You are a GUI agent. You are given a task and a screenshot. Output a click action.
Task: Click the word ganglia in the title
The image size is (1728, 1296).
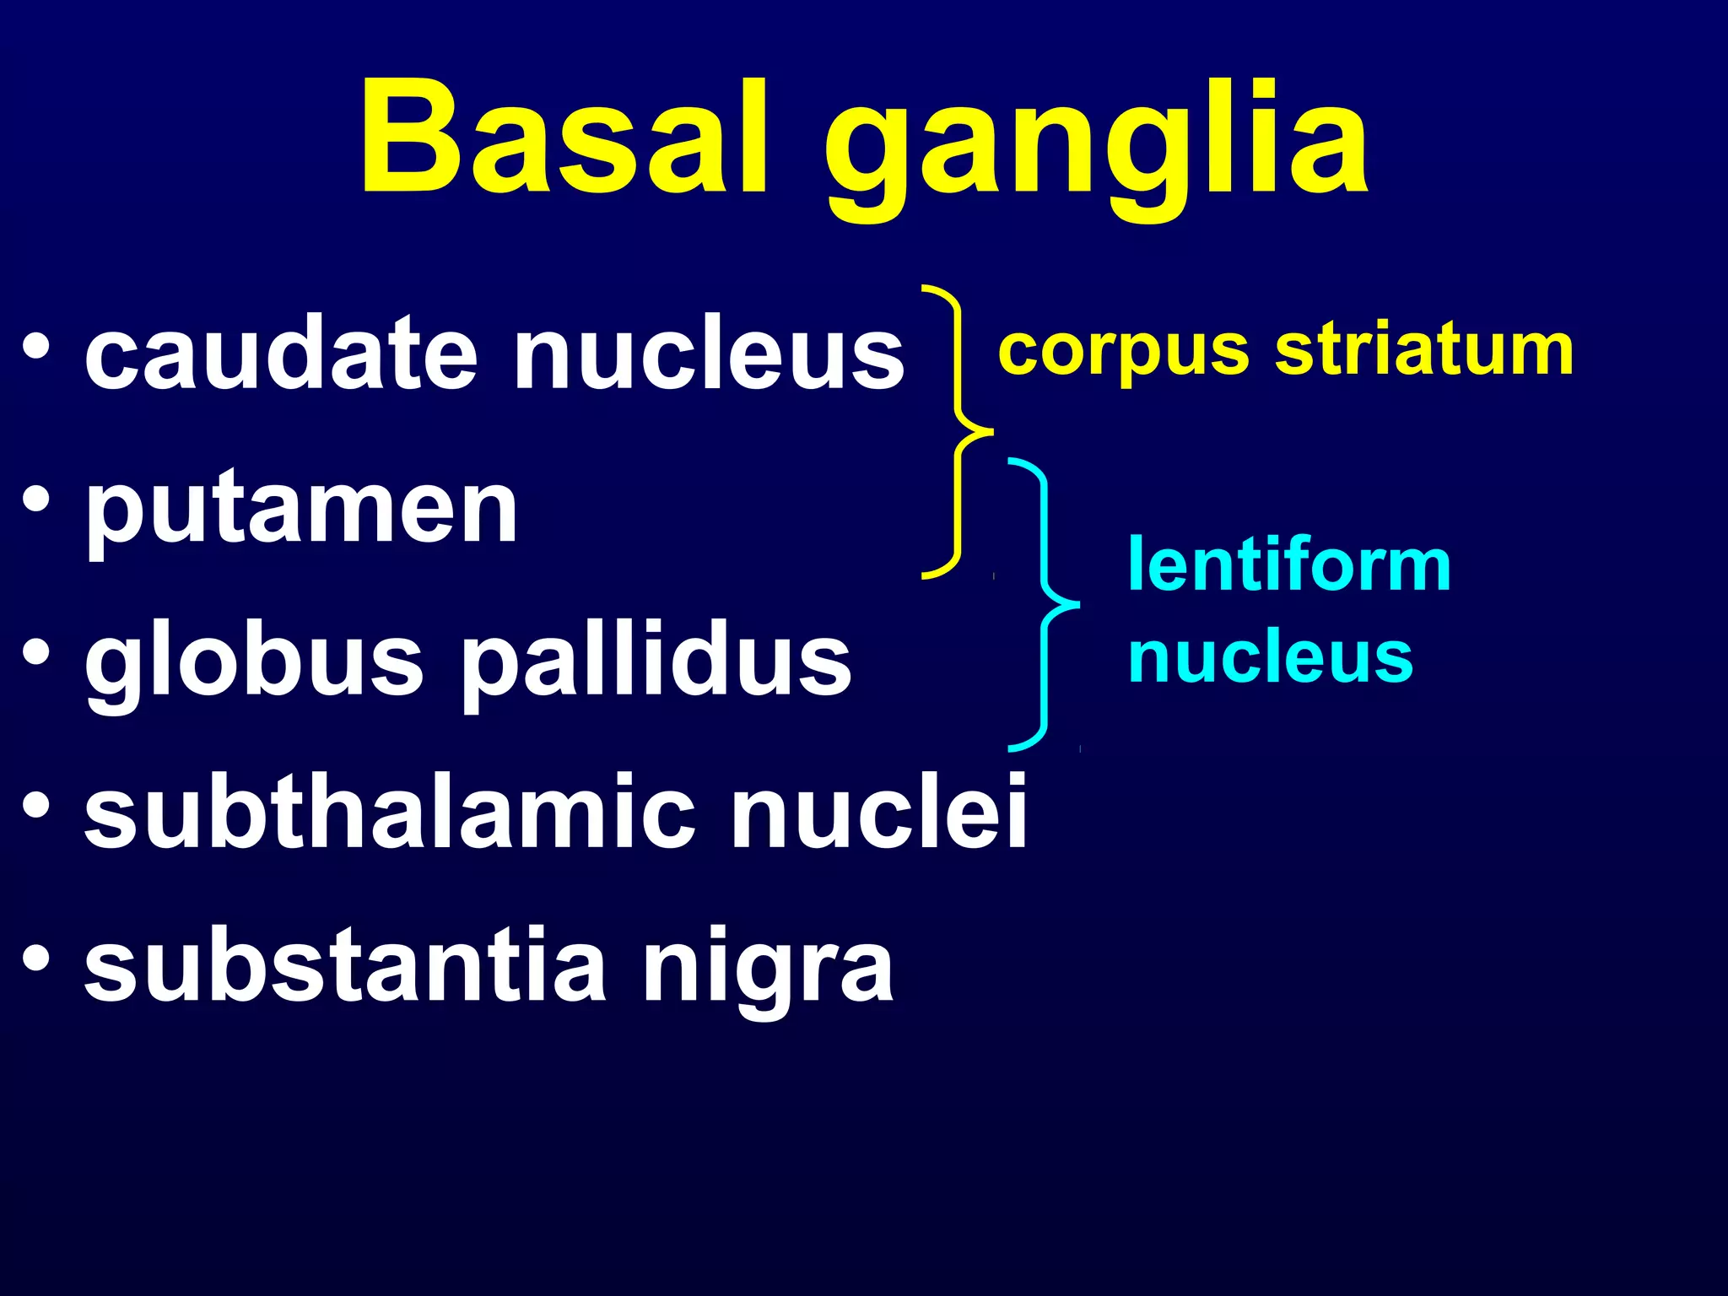tap(1097, 148)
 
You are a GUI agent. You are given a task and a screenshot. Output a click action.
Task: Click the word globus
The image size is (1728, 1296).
tap(253, 663)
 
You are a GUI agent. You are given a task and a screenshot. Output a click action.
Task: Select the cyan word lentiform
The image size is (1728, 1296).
tap(1289, 564)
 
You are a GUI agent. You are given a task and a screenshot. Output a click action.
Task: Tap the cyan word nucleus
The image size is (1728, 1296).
tap(1271, 657)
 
